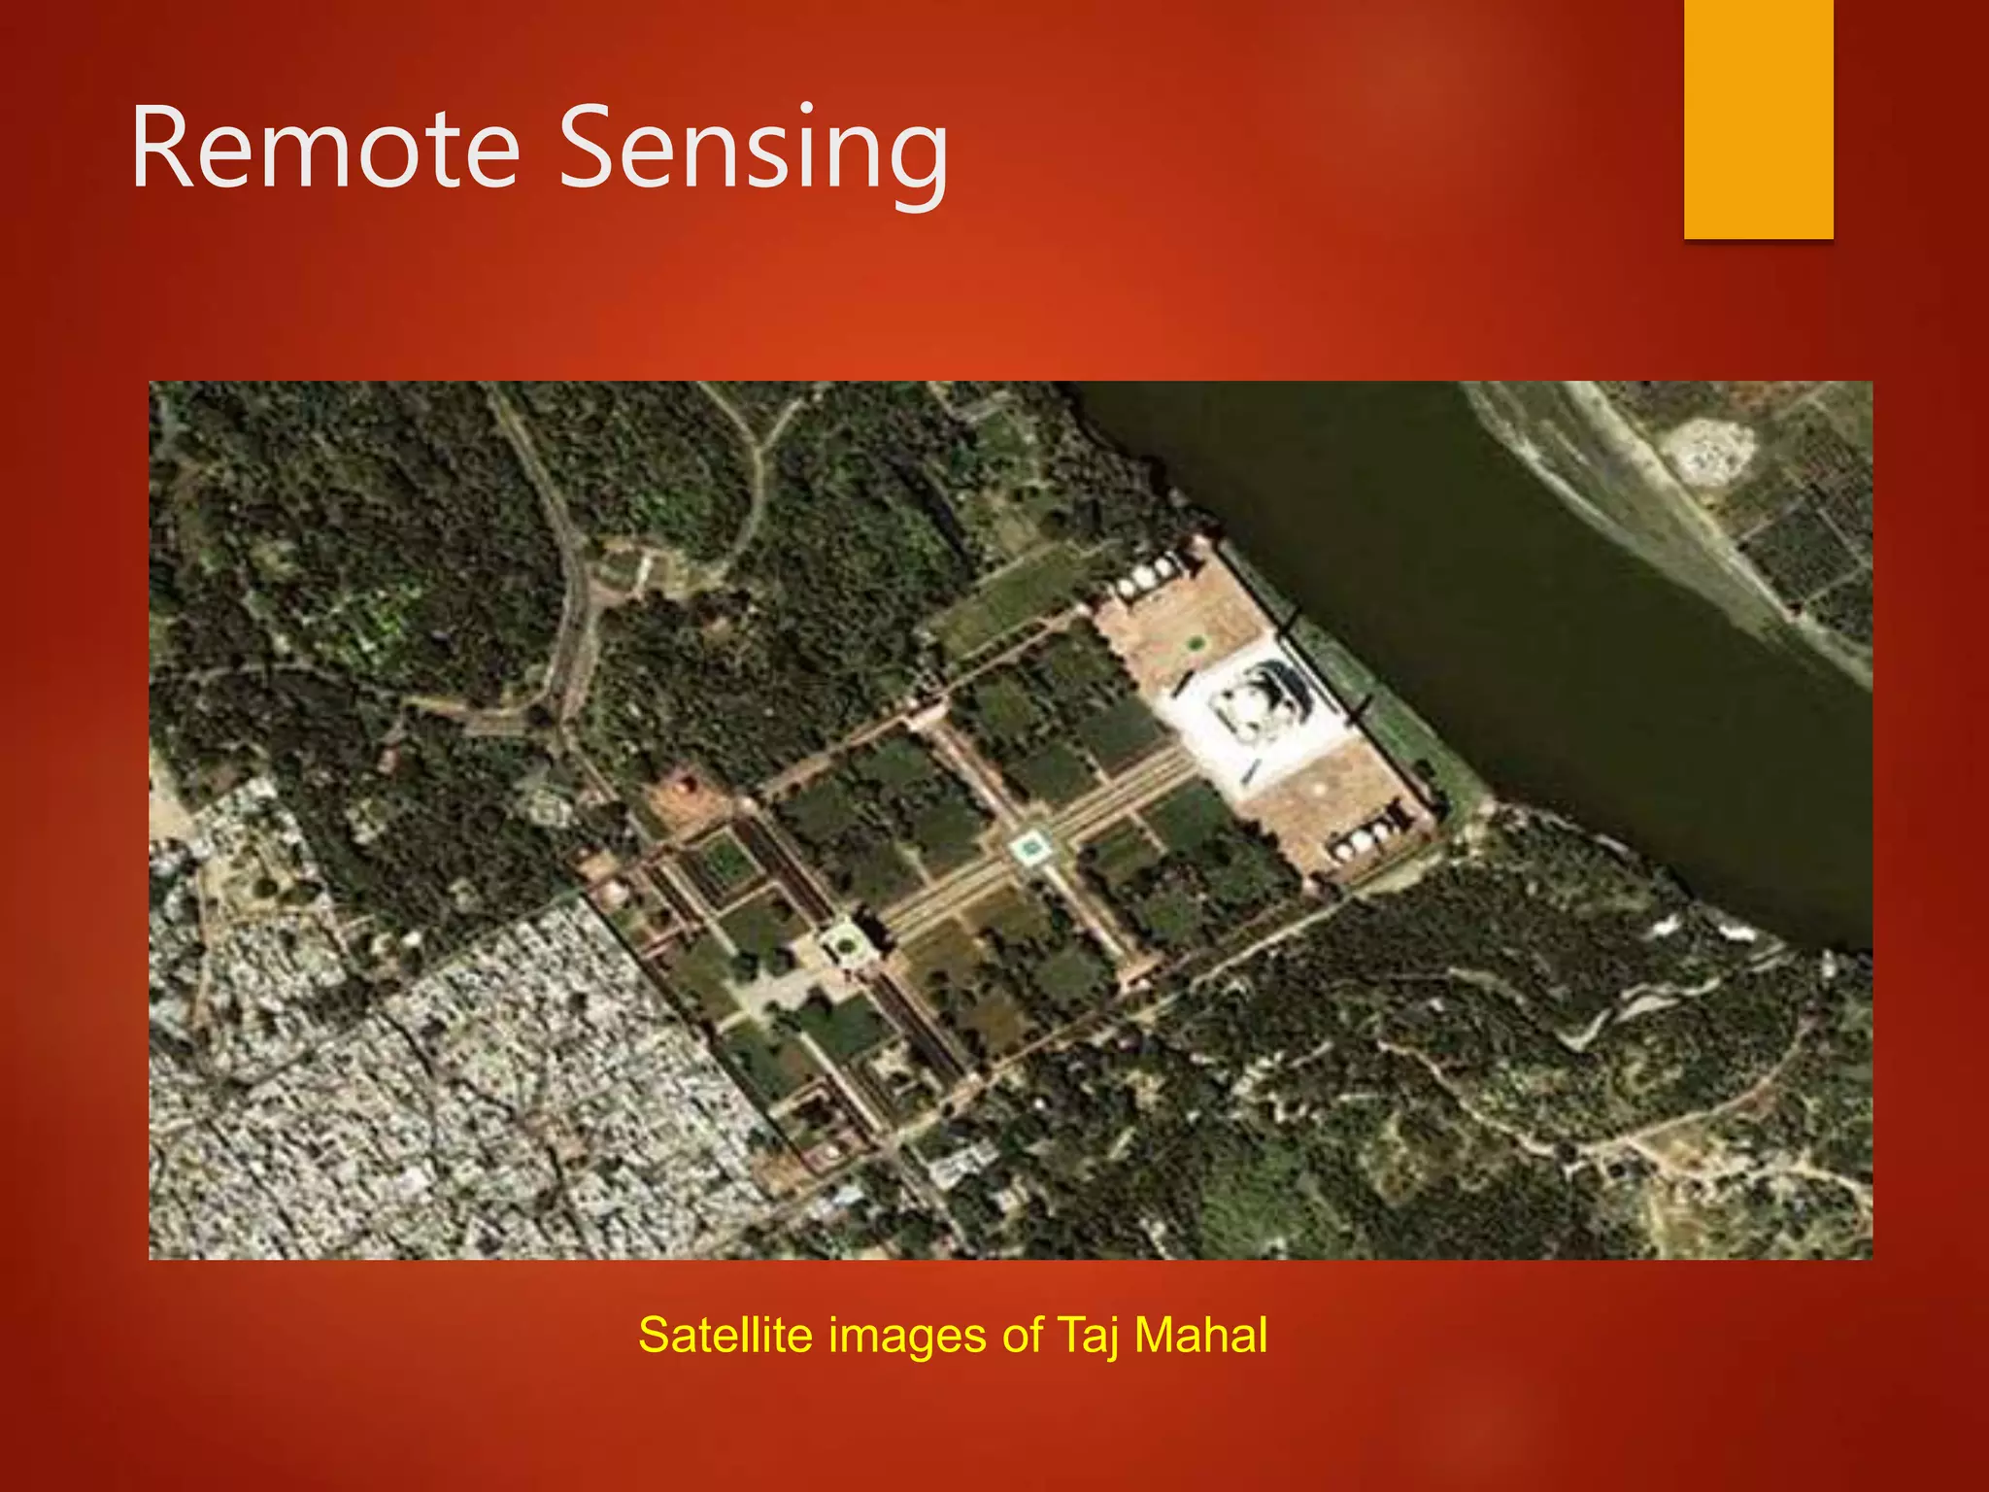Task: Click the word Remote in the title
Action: point(326,148)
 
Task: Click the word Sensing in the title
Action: point(753,148)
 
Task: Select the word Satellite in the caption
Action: point(725,1335)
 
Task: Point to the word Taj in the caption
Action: point(1088,1335)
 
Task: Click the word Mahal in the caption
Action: point(1200,1335)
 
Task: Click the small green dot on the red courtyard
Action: point(1194,642)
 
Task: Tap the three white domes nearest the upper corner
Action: point(1146,578)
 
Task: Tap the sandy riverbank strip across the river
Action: point(1651,505)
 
